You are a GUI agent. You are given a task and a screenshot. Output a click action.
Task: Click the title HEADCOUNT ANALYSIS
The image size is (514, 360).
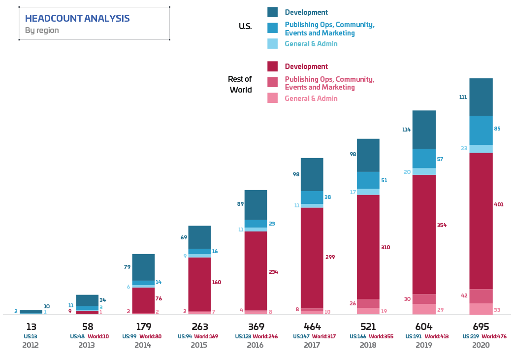77,19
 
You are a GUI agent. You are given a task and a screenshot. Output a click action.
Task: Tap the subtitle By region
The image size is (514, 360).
42,31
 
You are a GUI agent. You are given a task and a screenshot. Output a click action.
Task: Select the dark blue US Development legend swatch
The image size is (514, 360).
272,12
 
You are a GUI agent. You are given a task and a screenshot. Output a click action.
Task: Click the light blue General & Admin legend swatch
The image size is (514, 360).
272,44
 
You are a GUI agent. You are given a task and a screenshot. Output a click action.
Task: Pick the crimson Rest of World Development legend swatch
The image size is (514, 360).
272,66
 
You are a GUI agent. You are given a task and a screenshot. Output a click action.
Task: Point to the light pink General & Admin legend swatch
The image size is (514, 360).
272,98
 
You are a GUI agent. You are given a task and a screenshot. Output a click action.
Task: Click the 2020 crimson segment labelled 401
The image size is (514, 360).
481,221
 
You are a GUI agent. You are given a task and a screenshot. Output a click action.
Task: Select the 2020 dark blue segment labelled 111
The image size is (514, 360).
481,97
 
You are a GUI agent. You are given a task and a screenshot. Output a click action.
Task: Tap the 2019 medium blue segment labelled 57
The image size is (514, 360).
424,159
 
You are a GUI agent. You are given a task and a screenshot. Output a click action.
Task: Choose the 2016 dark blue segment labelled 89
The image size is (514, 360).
256,204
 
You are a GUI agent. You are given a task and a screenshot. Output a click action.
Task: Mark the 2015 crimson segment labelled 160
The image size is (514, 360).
199,284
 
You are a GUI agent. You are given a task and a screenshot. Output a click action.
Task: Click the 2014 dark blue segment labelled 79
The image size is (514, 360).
143,267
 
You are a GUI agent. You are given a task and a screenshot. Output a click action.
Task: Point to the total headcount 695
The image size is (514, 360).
481,327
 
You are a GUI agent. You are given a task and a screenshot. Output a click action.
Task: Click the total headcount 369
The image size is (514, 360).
256,327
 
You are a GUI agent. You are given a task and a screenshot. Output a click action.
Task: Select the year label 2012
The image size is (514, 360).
31,345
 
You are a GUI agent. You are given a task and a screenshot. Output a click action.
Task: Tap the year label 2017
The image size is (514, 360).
312,345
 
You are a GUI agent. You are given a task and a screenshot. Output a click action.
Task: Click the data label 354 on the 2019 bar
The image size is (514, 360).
442,225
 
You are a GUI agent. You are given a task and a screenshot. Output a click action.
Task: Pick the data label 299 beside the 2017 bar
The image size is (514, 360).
329,257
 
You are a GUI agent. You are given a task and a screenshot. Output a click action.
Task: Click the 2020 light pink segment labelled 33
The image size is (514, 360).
481,309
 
